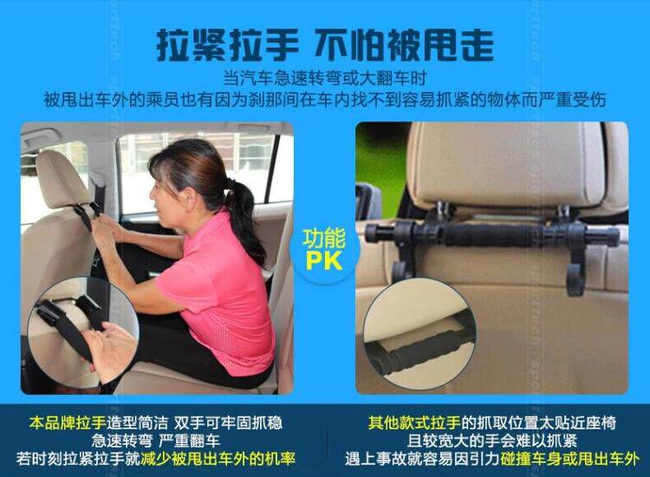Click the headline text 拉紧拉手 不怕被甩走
(x=325, y=45)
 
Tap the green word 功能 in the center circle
(x=324, y=238)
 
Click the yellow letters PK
(x=324, y=260)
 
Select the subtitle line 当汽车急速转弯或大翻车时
(x=325, y=78)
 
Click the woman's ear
(x=191, y=199)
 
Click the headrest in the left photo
(x=62, y=180)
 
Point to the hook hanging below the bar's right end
(x=575, y=275)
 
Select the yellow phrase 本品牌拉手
(x=68, y=422)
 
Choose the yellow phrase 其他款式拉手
(x=414, y=422)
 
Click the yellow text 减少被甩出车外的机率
(x=218, y=459)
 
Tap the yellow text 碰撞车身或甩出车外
(x=569, y=459)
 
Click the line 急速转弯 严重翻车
(x=156, y=441)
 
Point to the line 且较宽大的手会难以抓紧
(x=492, y=441)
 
